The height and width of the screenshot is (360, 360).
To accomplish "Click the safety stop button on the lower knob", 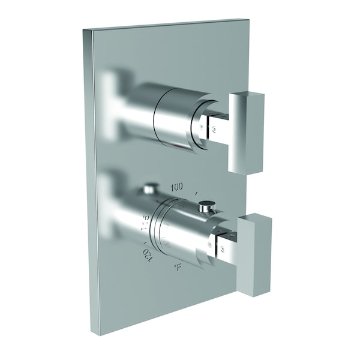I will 207,207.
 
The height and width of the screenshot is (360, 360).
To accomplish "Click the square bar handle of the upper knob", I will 247,131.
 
